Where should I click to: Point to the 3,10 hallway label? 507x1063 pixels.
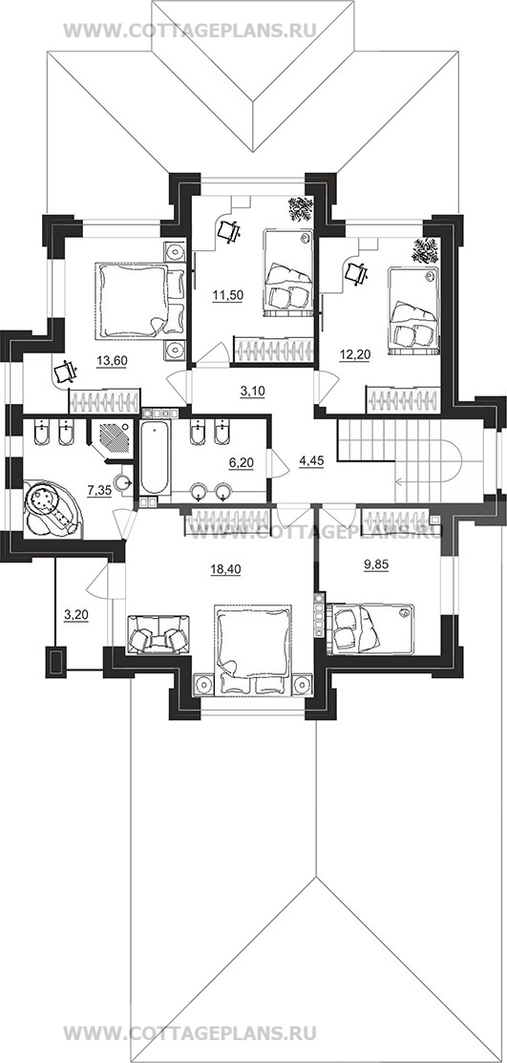point(251,391)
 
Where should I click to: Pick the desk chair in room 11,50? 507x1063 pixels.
point(229,232)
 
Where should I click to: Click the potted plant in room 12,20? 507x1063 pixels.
point(424,250)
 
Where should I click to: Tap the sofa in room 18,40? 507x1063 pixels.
point(158,634)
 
